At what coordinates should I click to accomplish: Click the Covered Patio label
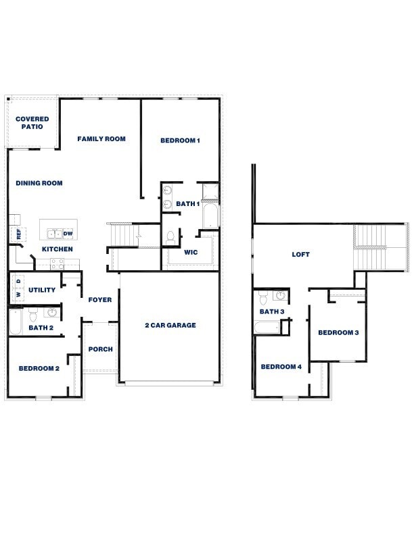[32, 123]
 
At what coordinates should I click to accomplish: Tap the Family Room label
[101, 139]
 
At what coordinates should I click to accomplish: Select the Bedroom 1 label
[180, 141]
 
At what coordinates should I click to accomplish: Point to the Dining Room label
[39, 183]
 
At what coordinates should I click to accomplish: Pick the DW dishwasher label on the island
[68, 234]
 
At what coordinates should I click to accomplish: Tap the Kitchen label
[57, 249]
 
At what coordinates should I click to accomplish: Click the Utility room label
[42, 290]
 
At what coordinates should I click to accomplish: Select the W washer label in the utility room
[19, 295]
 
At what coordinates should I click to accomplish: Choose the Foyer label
[100, 300]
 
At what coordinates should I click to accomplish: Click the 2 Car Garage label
[170, 326]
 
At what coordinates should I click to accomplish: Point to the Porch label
[100, 349]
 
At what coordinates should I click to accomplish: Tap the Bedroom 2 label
[39, 368]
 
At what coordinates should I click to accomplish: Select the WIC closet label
[191, 253]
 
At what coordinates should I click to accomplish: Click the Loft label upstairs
[300, 255]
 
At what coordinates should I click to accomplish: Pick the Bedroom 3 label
[338, 332]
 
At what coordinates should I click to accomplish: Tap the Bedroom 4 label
[281, 367]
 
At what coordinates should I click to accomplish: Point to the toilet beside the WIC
[170, 238]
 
